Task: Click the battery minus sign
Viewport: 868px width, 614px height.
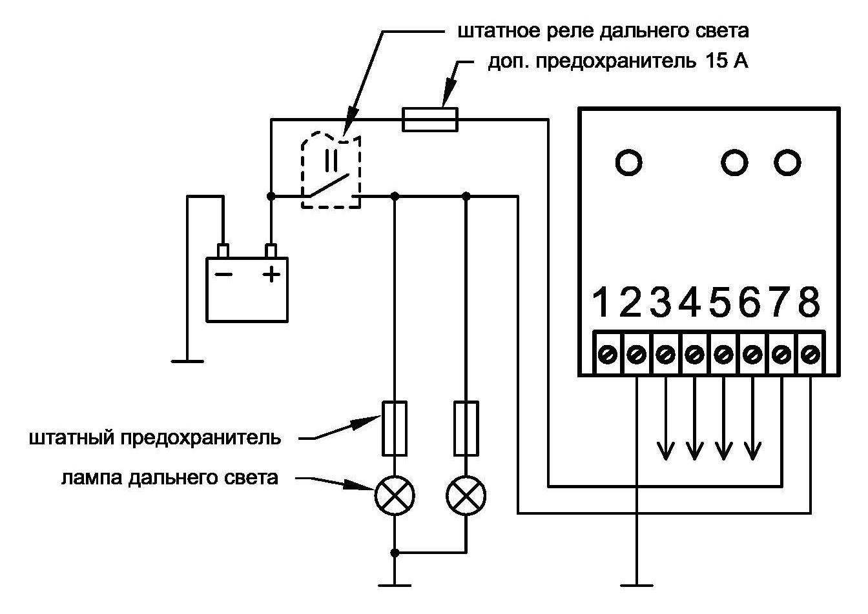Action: pyautogui.click(x=223, y=274)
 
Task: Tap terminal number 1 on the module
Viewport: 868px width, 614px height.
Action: pyautogui.click(x=602, y=303)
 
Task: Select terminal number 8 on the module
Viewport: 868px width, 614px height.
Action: pyautogui.click(x=809, y=303)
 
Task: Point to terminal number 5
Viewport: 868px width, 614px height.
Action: pyautogui.click(x=721, y=303)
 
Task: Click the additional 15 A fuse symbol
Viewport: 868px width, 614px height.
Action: pyautogui.click(x=430, y=119)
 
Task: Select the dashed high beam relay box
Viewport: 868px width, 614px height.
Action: pyautogui.click(x=331, y=171)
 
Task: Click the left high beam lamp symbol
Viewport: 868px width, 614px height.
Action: pyautogui.click(x=395, y=496)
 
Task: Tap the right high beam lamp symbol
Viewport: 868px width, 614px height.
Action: pyautogui.click(x=466, y=496)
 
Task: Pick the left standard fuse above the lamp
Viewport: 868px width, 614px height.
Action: pyautogui.click(x=395, y=428)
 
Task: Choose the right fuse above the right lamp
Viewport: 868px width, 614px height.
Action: pyautogui.click(x=466, y=428)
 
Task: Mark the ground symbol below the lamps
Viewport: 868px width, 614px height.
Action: pyautogui.click(x=395, y=585)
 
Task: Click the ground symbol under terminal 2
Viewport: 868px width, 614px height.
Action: pyautogui.click(x=636, y=585)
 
